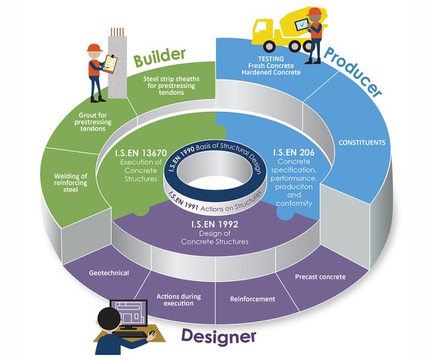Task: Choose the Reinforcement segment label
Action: click(253, 299)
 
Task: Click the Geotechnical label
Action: click(109, 272)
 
